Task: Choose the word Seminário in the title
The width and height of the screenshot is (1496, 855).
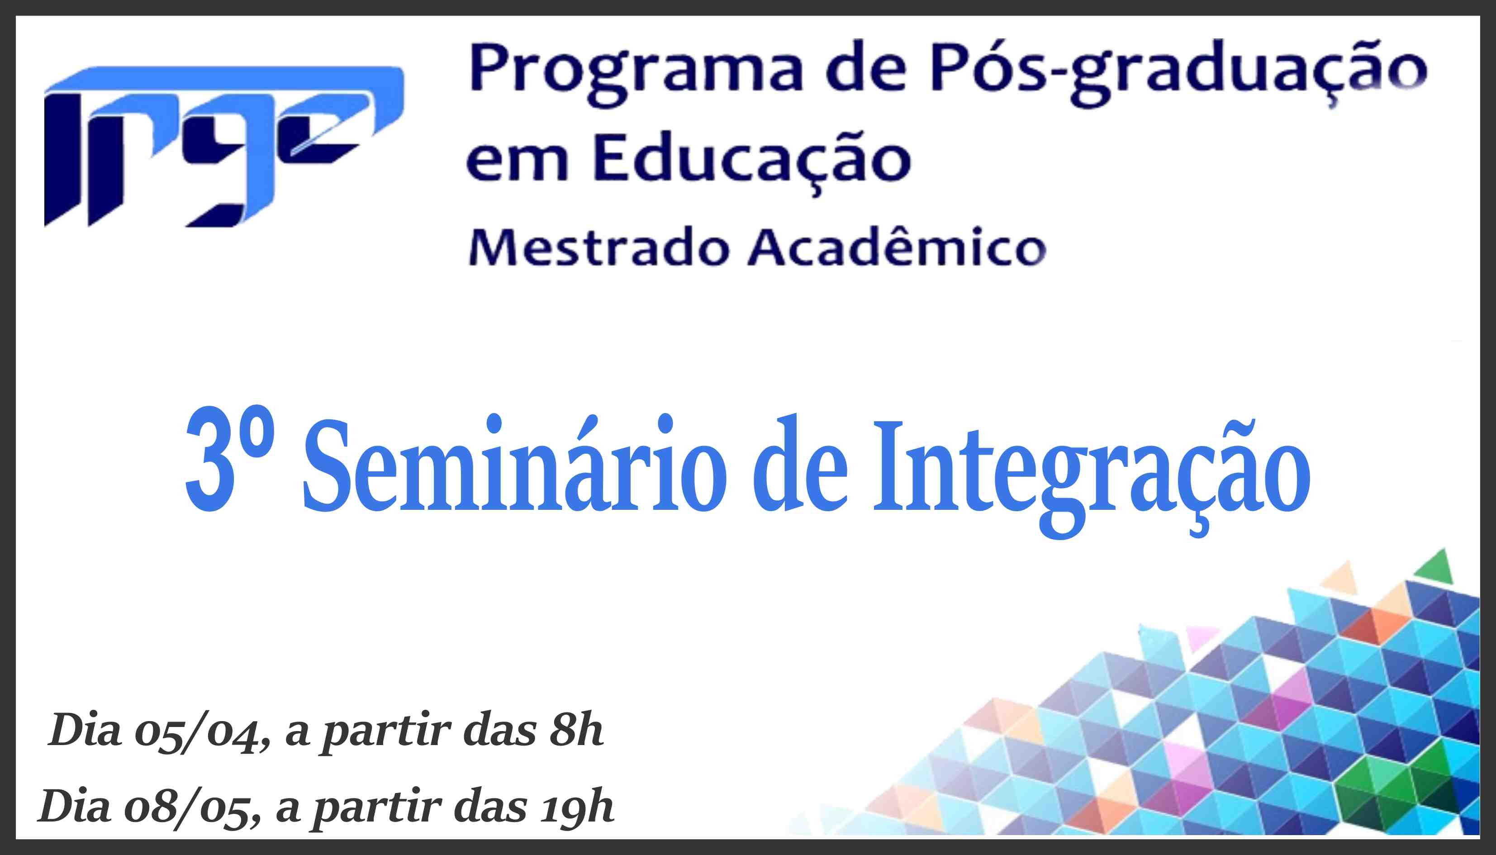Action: coord(515,463)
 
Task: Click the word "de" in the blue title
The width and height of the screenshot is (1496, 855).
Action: coord(800,463)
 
